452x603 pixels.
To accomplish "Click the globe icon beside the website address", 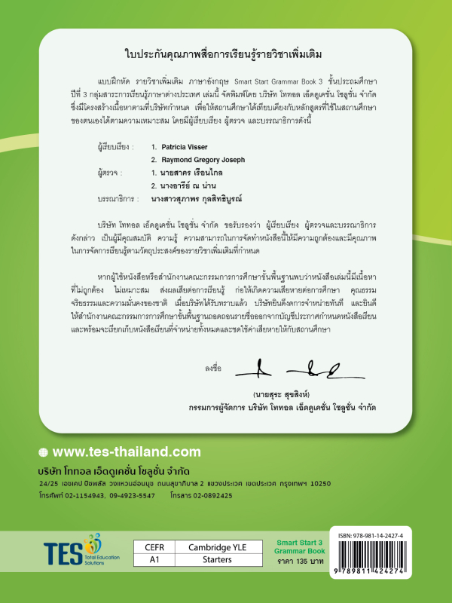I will pos(43,452).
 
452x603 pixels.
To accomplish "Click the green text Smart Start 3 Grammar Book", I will pos(300,546).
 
